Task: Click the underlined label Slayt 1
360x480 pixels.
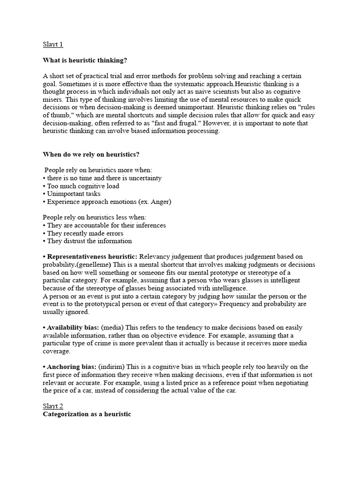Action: click(x=52, y=45)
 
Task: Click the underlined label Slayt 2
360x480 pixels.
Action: click(x=52, y=406)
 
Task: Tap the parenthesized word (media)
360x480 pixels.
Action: click(x=112, y=327)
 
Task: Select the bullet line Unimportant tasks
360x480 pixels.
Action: click(x=74, y=194)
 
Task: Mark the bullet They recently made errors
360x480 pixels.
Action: click(x=85, y=233)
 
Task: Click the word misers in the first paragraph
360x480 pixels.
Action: click(x=53, y=99)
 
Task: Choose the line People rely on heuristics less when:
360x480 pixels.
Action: click(x=95, y=217)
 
